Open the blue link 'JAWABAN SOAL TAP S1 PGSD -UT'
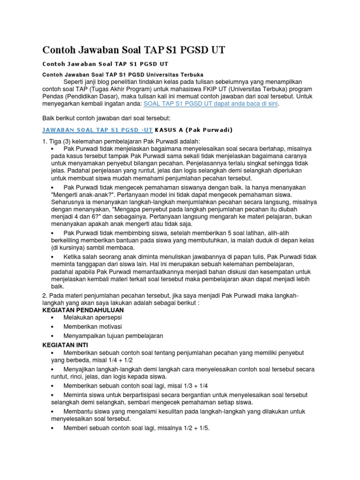(97, 129)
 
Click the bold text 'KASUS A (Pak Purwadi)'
(194, 129)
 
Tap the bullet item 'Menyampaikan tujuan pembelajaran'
(113, 336)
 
